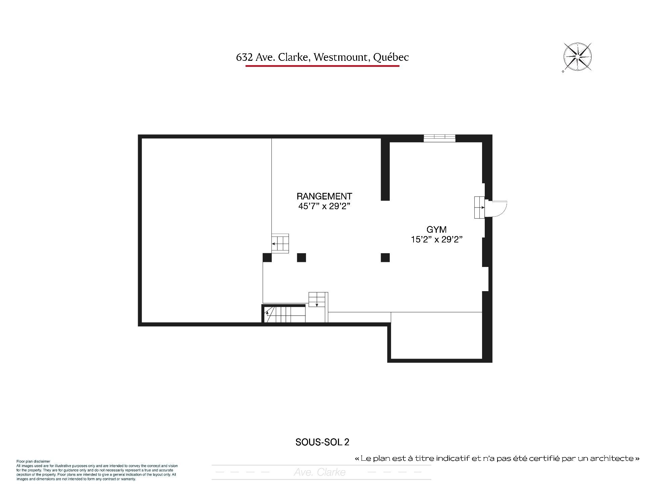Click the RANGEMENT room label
point(324,196)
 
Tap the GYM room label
point(436,230)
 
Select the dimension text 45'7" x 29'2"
point(324,206)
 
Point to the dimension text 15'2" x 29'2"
point(437,239)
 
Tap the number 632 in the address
point(244,57)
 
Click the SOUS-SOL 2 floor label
point(322,442)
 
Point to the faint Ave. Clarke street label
point(319,472)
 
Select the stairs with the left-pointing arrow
point(280,243)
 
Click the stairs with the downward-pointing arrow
point(318,300)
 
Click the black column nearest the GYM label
point(385,258)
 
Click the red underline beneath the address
point(322,66)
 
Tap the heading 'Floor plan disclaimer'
point(33,462)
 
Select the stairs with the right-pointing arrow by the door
point(480,208)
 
